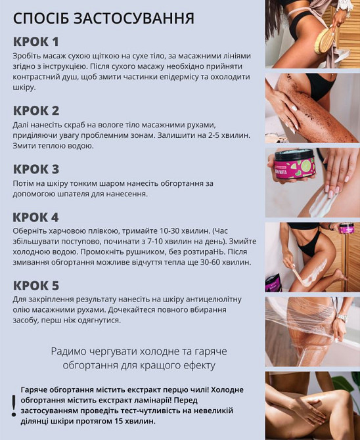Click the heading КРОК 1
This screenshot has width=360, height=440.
[36, 41]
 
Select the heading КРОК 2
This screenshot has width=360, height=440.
[36, 110]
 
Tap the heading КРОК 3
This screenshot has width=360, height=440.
[36, 169]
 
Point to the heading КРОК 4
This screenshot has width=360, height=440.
[36, 217]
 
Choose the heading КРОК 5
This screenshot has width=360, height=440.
[36, 286]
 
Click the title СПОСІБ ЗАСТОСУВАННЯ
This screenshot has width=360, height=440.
[103, 18]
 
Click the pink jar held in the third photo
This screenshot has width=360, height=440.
[295, 165]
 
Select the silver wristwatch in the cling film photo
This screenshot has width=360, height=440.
[342, 318]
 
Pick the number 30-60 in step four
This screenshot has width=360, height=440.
[207, 261]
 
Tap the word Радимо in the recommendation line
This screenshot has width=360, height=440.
[70, 351]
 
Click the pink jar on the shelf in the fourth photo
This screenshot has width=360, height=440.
[346, 229]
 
